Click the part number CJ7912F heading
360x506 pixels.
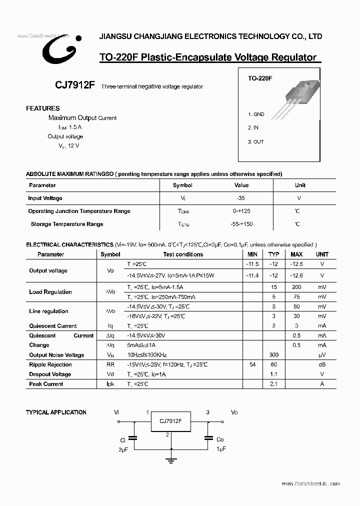tap(75, 85)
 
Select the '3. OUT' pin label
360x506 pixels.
tap(256, 141)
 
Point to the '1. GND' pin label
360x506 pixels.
tap(256, 114)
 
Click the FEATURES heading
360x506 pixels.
tap(43, 108)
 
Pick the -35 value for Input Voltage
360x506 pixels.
tap(241, 198)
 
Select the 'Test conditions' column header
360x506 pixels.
tap(183, 254)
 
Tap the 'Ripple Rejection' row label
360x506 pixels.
tap(50, 365)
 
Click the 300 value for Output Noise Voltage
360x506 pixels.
tap(273, 355)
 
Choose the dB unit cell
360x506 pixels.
tap(322, 365)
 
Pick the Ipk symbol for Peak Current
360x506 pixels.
tap(110, 384)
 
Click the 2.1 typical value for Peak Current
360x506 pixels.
tap(273, 384)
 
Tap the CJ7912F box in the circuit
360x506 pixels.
tap(170, 421)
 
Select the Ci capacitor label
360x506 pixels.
tap(122, 440)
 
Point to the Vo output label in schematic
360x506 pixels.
tap(234, 412)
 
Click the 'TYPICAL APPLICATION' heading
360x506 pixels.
tap(56, 412)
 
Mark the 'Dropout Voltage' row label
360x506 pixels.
tap(50, 374)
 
